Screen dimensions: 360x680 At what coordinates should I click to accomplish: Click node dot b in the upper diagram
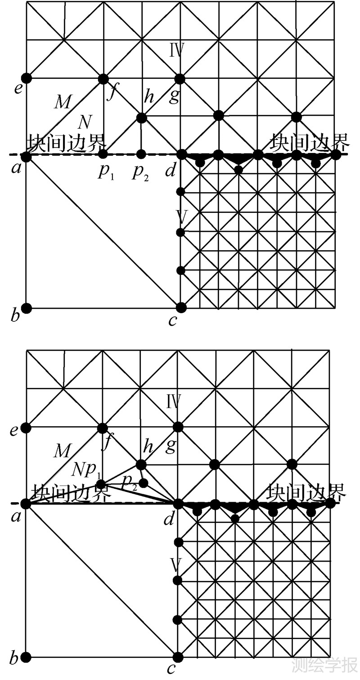click(27, 308)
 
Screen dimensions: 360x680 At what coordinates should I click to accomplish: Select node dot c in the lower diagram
click(178, 657)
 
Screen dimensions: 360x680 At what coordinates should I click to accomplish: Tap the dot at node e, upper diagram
click(27, 77)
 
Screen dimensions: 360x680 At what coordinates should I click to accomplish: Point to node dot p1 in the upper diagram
click(103, 154)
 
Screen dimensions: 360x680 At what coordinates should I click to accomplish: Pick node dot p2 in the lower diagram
click(144, 483)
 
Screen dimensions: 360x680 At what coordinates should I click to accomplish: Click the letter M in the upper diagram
click(63, 103)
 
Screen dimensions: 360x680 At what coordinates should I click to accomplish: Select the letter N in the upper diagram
click(85, 122)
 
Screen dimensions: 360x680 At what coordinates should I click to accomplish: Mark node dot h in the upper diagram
click(141, 118)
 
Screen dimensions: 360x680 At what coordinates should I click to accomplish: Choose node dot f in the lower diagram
click(103, 428)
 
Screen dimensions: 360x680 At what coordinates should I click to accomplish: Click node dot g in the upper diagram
click(180, 79)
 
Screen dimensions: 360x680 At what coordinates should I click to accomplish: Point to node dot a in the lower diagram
click(27, 504)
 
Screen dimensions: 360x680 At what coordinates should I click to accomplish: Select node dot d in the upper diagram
click(181, 154)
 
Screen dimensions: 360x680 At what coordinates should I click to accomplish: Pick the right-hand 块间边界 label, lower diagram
click(306, 492)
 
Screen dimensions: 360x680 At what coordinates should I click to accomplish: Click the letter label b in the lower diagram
click(14, 660)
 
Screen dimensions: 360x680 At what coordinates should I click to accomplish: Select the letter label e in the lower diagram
click(14, 431)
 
